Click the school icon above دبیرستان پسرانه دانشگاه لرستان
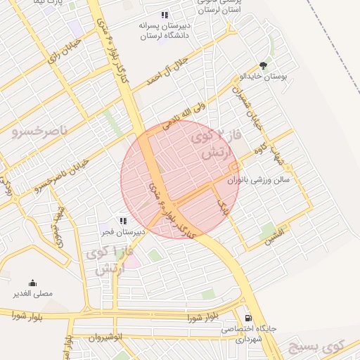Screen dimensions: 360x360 point(165,15)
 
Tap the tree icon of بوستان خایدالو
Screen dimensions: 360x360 point(264,65)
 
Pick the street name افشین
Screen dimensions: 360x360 point(274,235)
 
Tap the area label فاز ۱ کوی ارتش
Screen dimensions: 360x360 point(106,259)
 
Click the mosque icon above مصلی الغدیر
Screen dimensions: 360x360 point(32,283)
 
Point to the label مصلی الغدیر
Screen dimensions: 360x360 point(32,293)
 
